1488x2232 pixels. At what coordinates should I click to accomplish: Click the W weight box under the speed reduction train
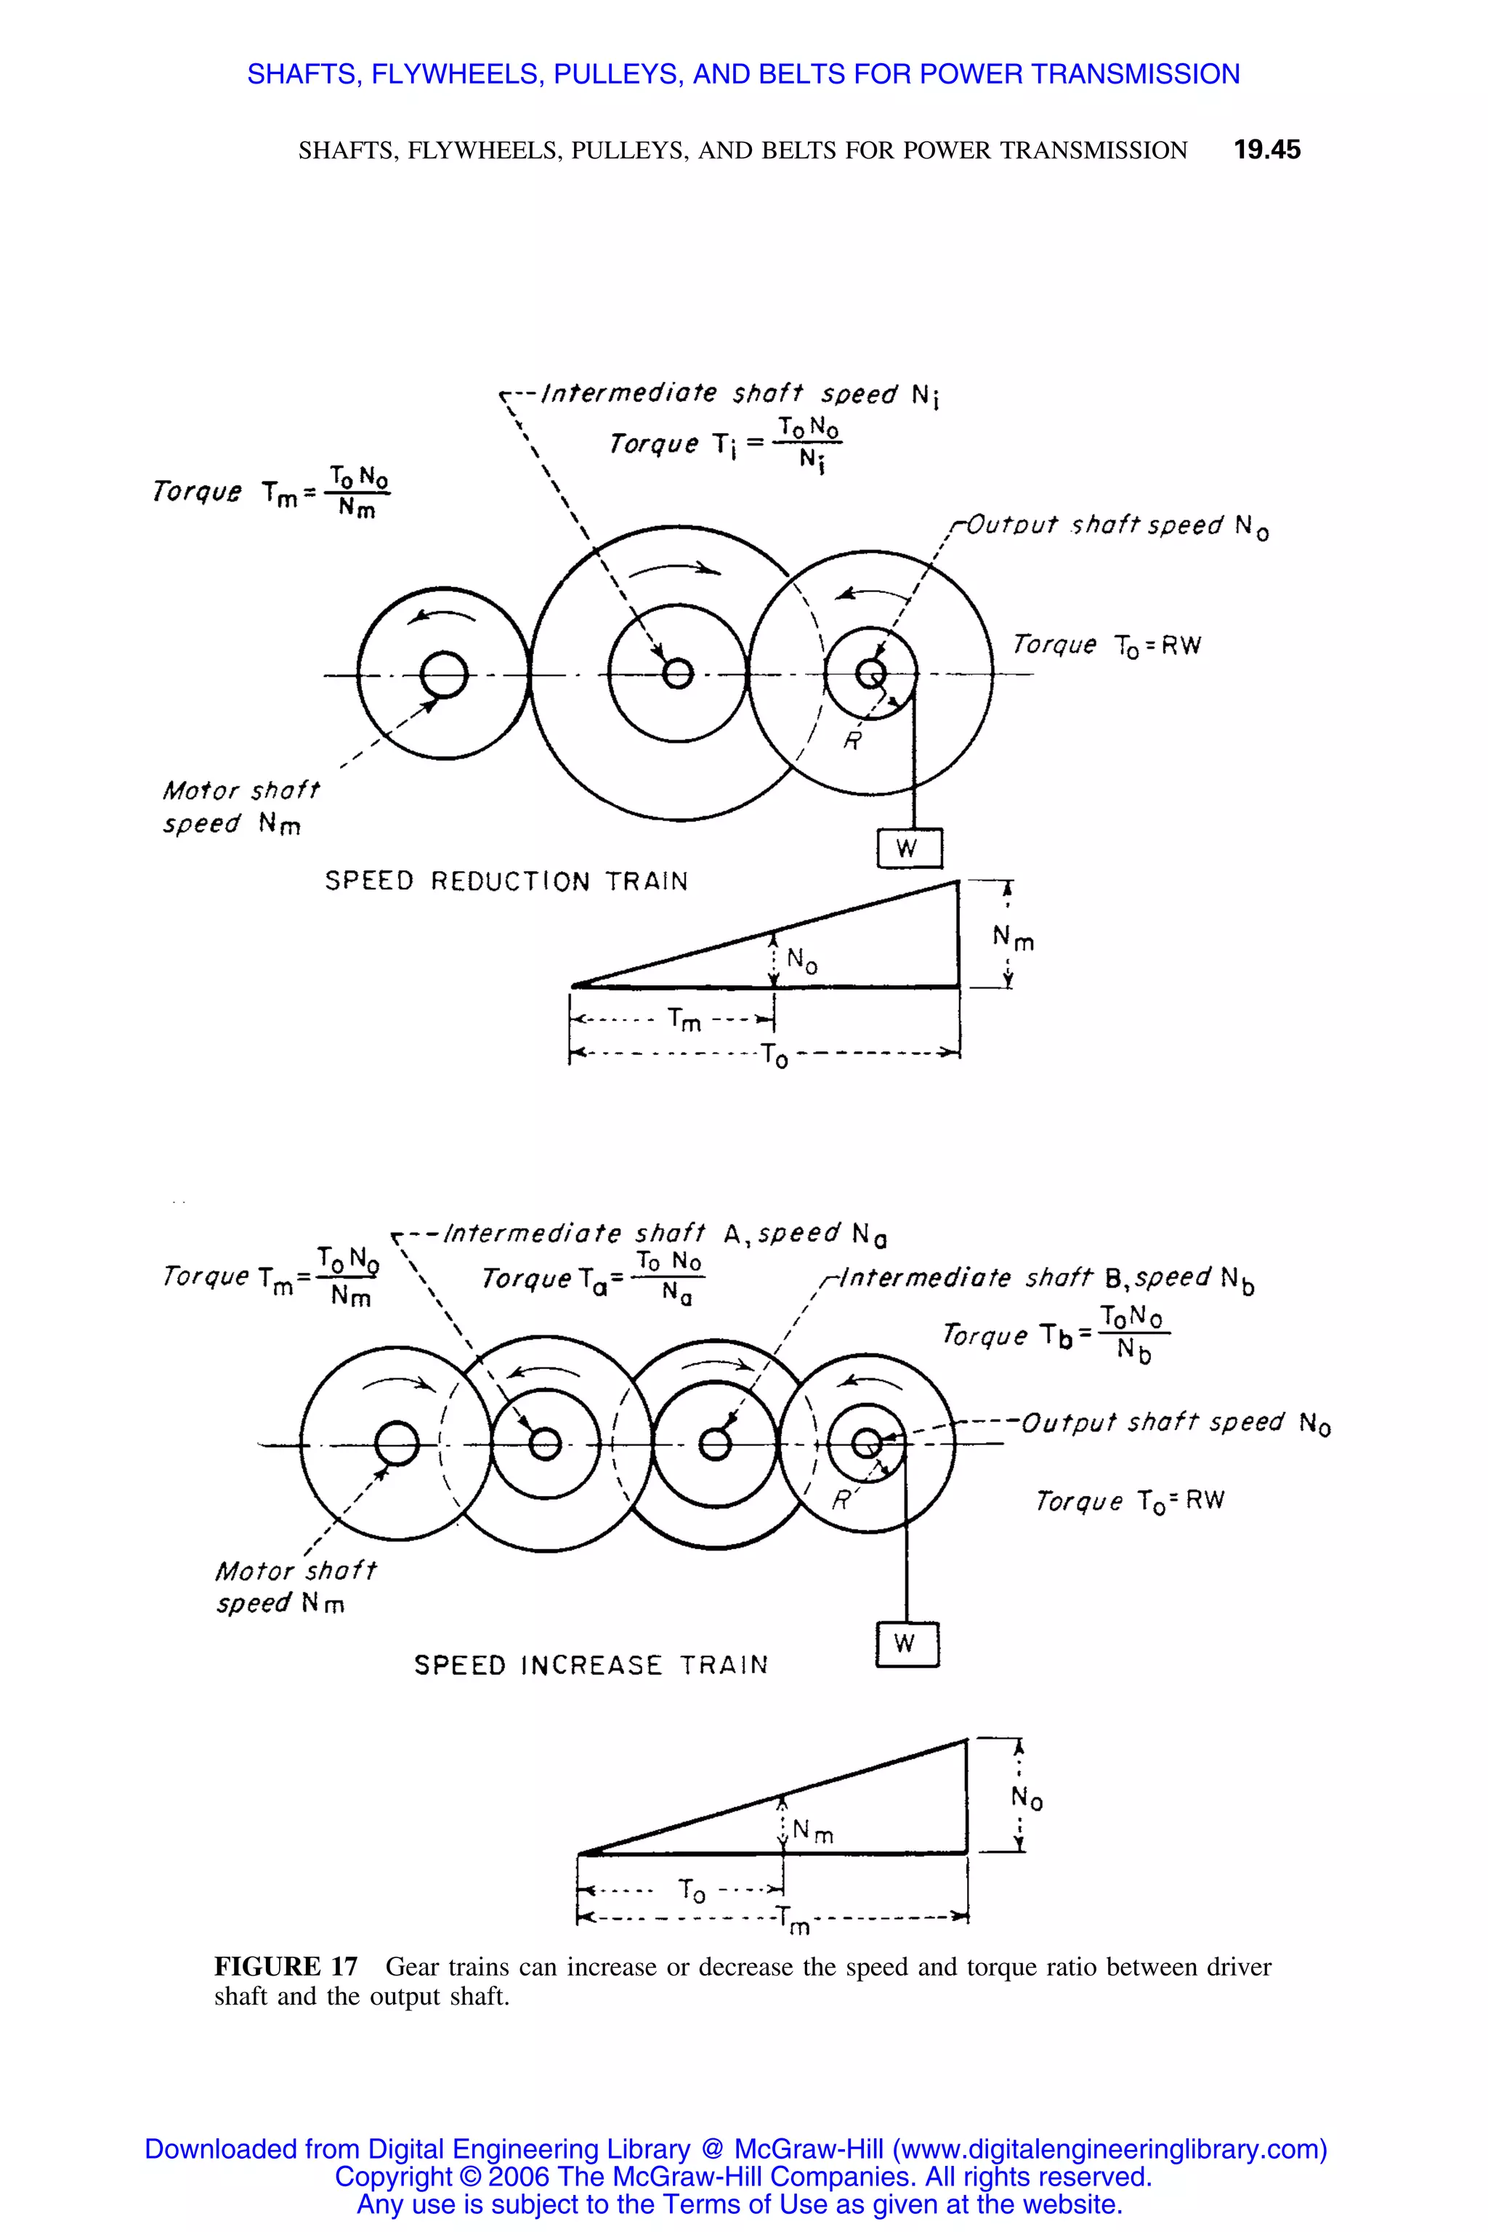pos(909,847)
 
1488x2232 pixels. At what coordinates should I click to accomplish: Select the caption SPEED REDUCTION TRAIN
pos(506,881)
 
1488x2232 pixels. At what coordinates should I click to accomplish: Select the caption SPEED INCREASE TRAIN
pos(590,1665)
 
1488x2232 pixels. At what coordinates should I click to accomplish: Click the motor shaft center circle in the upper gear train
pos(443,675)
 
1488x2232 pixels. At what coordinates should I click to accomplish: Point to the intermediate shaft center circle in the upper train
pos(678,675)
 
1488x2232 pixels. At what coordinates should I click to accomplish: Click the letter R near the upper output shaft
pos(852,741)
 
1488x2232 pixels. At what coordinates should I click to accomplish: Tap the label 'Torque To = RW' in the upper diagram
pos(1107,645)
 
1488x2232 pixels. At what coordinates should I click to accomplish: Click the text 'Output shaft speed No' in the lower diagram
pos(1175,1423)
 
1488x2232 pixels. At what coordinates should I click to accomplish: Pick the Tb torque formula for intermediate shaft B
pos(1056,1333)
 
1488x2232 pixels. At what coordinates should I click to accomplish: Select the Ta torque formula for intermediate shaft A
pos(593,1277)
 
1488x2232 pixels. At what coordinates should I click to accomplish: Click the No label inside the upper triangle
pos(802,961)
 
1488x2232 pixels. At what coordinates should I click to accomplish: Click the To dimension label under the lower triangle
pos(692,1891)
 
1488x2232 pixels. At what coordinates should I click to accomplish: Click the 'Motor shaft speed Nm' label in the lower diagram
pos(294,1587)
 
